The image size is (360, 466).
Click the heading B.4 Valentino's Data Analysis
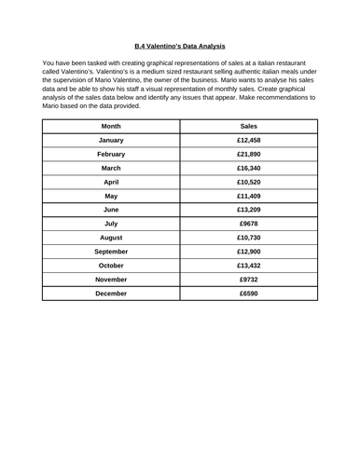pyautogui.click(x=179, y=46)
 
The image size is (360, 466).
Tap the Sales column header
pyautogui.click(x=249, y=125)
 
